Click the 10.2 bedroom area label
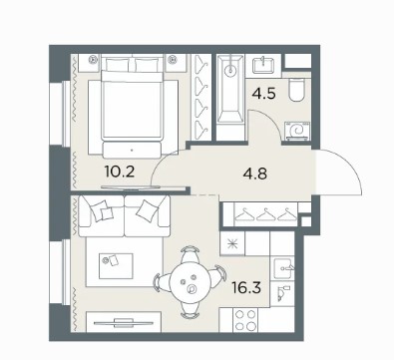(120, 172)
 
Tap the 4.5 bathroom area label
(263, 94)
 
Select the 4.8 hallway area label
(255, 174)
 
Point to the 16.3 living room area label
(246, 288)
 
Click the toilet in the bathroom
(296, 90)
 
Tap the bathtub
(230, 98)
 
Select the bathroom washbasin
(263, 66)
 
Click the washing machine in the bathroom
(297, 131)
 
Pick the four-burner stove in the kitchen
(245, 320)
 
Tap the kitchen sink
(283, 268)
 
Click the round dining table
(191, 283)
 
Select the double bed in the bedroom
(133, 107)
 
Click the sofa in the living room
(125, 216)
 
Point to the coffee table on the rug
(116, 265)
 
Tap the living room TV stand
(124, 321)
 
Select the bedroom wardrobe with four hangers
(200, 98)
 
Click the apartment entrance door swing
(337, 172)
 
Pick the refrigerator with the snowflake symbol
(232, 244)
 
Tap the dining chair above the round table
(191, 253)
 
